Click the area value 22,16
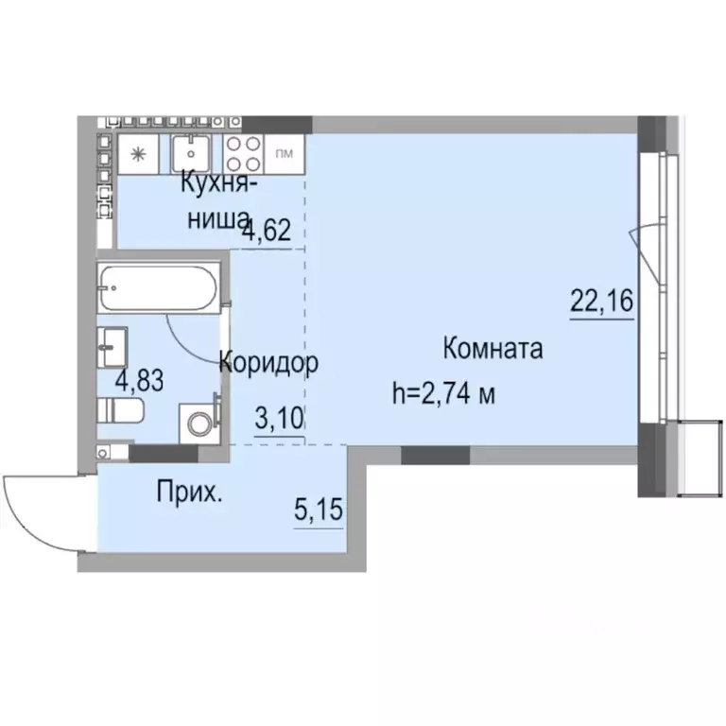pyautogui.click(x=601, y=302)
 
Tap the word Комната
pyautogui.click(x=493, y=350)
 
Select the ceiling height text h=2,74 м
pyautogui.click(x=444, y=393)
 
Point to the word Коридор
pyautogui.click(x=268, y=362)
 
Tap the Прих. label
pyautogui.click(x=190, y=493)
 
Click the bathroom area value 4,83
pyautogui.click(x=140, y=381)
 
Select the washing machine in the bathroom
pyautogui.click(x=199, y=422)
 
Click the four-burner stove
pyautogui.click(x=244, y=153)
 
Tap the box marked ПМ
pyautogui.click(x=282, y=152)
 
